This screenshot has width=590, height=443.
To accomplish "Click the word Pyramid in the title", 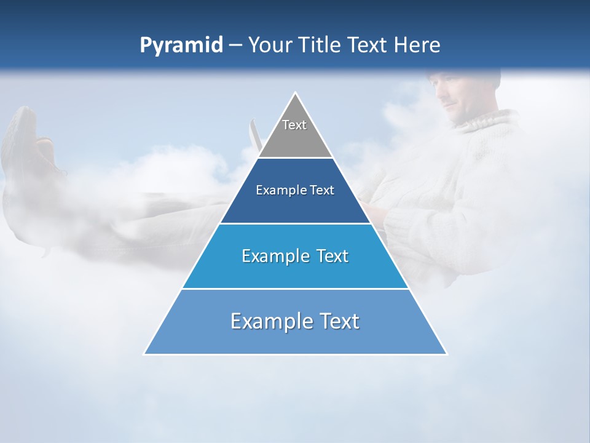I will pos(181,46).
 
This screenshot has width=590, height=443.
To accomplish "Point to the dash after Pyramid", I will pos(235,46).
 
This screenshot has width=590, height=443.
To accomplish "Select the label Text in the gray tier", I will pos(294,125).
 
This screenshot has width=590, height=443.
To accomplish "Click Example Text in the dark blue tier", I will pos(295,190).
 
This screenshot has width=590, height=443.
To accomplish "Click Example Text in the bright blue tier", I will pos(295,256).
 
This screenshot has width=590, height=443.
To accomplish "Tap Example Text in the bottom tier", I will pos(295,321).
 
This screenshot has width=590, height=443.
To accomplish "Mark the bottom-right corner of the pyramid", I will pos(446,354).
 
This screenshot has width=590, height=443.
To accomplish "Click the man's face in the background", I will pos(457,98).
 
